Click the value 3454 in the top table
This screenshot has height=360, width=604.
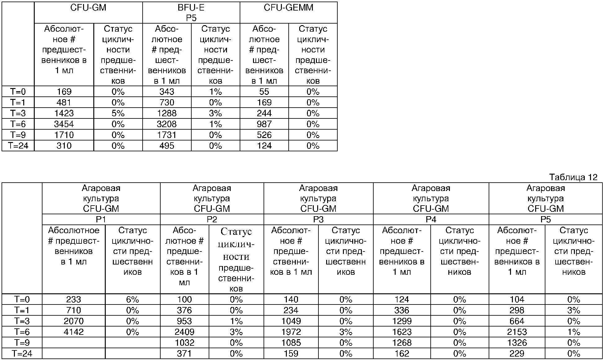tap(64, 124)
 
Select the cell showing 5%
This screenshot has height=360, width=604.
tap(118, 113)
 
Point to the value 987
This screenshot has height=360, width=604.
tap(264, 124)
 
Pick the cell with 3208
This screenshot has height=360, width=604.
tap(167, 124)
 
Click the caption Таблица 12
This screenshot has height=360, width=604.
tap(573, 177)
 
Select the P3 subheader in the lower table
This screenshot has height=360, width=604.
tap(318, 220)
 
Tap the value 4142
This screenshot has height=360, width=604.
tap(73, 332)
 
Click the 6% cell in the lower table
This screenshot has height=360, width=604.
tap(132, 299)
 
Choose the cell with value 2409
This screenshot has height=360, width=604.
tap(184, 332)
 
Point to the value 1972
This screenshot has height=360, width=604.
tap(291, 332)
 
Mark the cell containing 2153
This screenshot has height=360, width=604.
tap(517, 332)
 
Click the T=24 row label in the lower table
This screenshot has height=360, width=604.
tap(22, 353)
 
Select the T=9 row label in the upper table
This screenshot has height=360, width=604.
tap(18, 135)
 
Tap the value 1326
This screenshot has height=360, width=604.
tap(517, 343)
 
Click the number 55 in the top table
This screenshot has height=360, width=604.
tap(264, 91)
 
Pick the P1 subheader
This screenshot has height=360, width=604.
tap(101, 220)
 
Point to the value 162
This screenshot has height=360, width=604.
tap(402, 353)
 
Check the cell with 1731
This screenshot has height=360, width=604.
tap(167, 135)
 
